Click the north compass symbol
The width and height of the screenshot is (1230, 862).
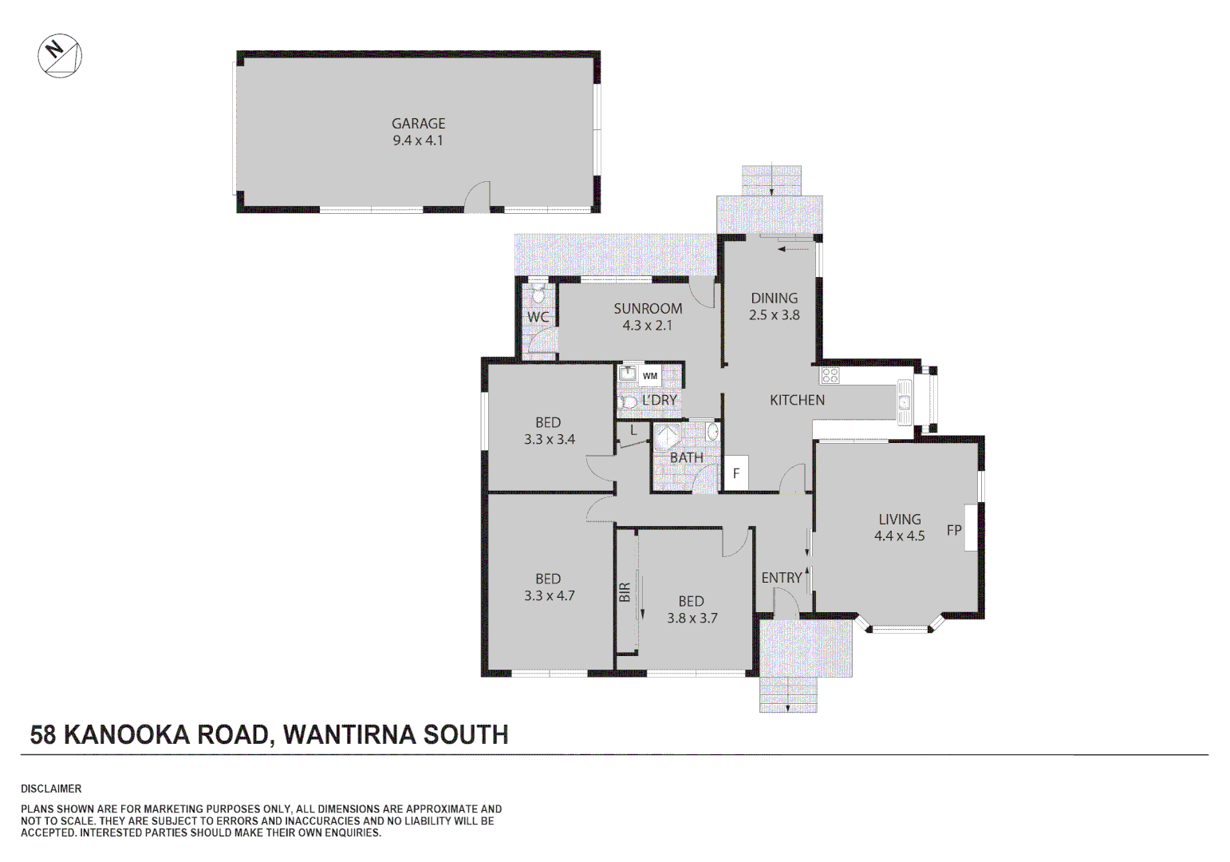[x=60, y=56]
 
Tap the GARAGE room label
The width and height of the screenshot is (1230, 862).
[x=418, y=124]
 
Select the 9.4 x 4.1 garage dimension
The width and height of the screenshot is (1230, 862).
[x=418, y=140]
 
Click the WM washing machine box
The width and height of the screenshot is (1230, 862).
[x=650, y=376]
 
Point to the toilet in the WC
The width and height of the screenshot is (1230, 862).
[x=538, y=296]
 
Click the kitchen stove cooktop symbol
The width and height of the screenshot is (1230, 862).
[x=830, y=375]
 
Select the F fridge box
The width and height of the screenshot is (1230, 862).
[x=736, y=473]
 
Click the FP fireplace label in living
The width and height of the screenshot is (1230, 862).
[x=953, y=530]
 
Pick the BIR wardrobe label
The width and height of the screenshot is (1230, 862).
[x=625, y=591]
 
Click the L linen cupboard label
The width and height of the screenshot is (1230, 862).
[x=633, y=430]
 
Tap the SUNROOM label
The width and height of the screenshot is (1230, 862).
[x=648, y=309]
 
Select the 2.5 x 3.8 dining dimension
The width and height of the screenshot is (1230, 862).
[x=774, y=315]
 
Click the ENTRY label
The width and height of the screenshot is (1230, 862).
[x=782, y=578]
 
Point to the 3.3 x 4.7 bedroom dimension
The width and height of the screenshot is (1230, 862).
[x=549, y=596]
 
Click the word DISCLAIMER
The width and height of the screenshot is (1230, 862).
[x=51, y=789]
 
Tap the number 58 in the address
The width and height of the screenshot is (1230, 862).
[x=43, y=735]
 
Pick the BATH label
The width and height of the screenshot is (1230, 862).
[x=687, y=458]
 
